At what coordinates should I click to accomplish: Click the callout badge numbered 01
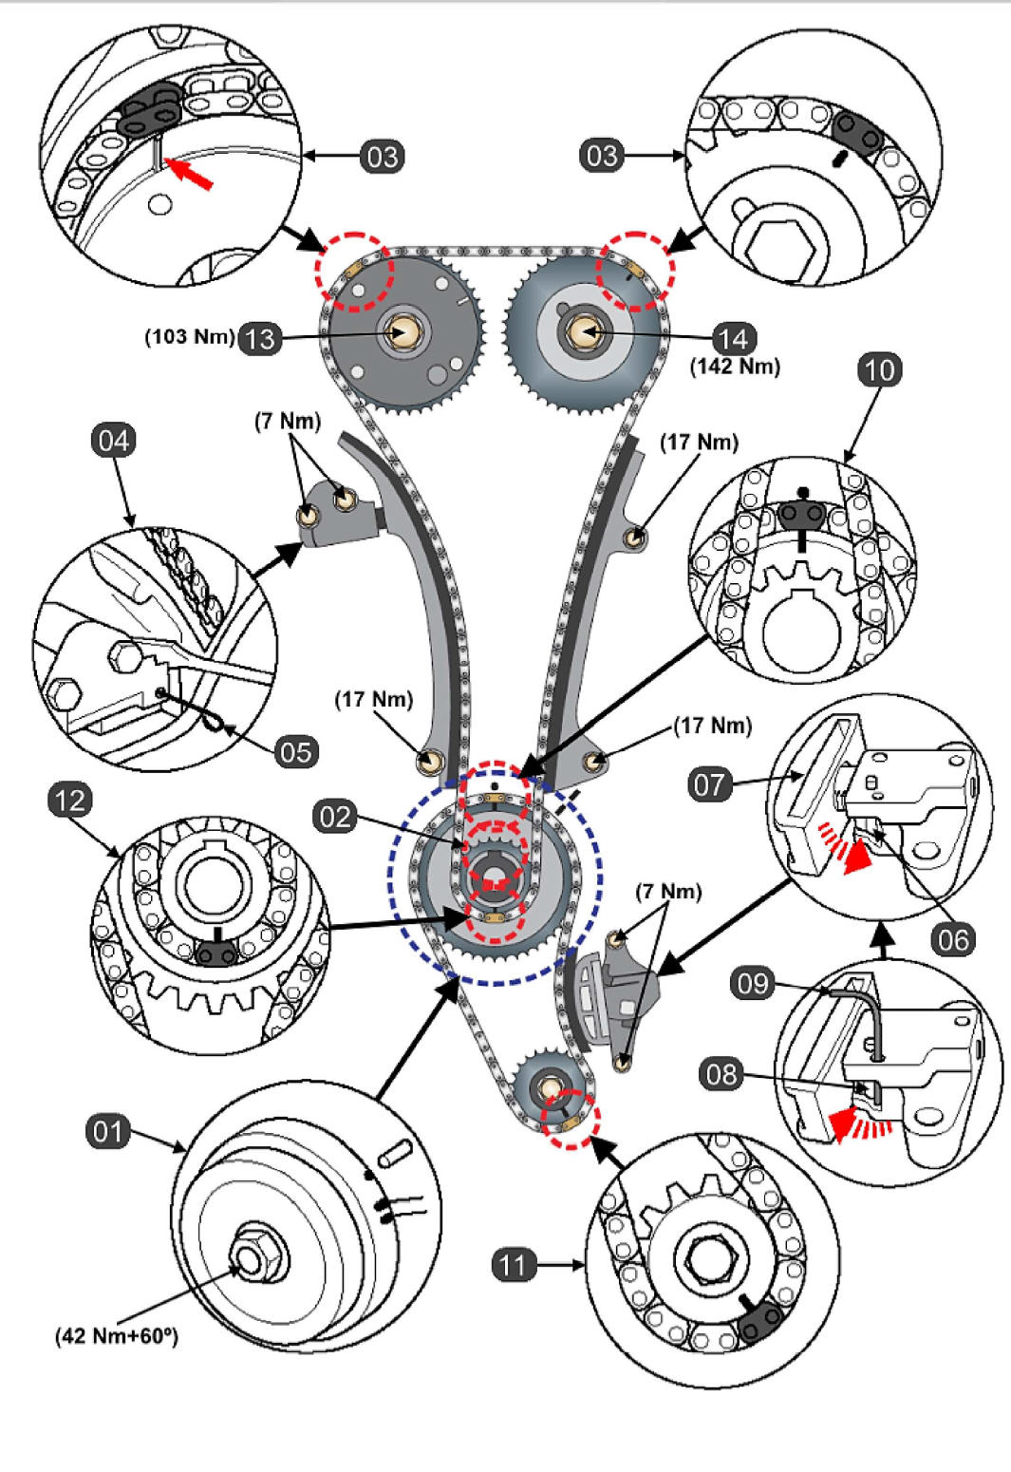[x=108, y=1131]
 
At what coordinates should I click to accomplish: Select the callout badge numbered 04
[x=113, y=441]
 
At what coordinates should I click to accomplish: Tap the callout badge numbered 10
[x=879, y=368]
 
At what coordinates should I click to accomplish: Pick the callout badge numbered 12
[x=69, y=801]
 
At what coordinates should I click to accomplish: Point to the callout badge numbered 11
[x=514, y=1264]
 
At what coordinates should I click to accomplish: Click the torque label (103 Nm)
[x=189, y=337]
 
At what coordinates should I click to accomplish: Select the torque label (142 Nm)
[x=735, y=367]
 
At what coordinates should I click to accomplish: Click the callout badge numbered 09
[x=753, y=982]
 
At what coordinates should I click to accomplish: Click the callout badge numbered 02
[x=335, y=817]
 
